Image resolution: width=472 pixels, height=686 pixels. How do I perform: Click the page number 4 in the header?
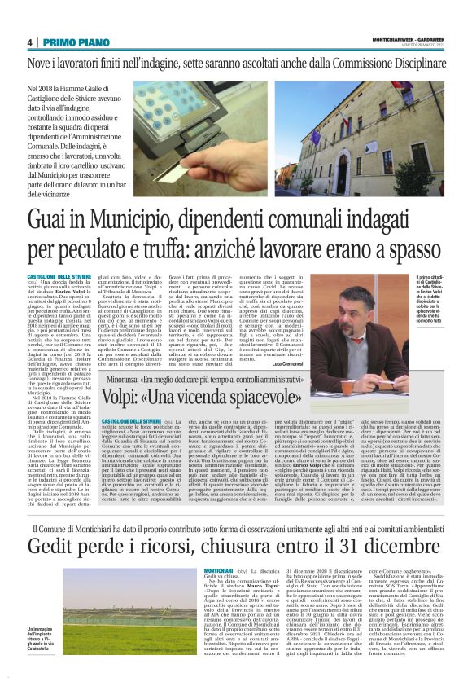coord(30,42)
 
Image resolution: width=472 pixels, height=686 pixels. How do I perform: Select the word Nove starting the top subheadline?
coord(38,63)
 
